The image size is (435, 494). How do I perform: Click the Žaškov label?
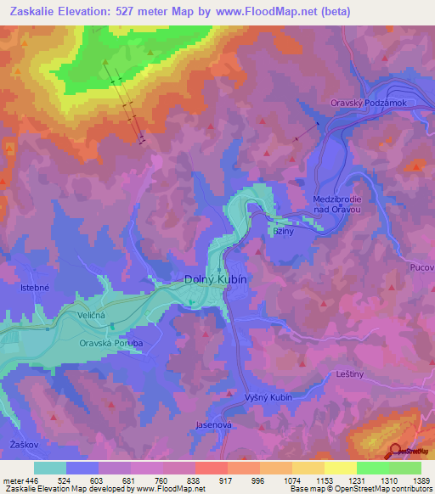pos(21,444)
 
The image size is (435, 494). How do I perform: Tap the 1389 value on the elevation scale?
pos(410,480)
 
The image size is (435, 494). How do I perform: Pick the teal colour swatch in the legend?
pos(50,468)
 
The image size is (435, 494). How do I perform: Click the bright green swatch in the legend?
pos(372,468)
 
